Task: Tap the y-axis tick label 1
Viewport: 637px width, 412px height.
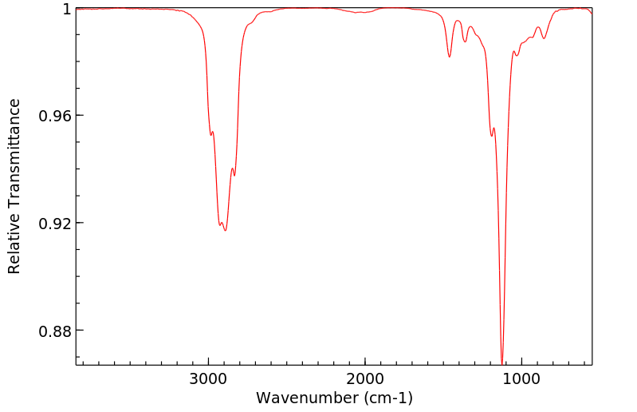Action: [x=66, y=9]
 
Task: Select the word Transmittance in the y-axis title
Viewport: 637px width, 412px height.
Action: [x=14, y=159]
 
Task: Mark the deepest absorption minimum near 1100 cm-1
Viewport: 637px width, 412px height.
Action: [x=502, y=363]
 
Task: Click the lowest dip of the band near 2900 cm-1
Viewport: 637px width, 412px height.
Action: [x=226, y=231]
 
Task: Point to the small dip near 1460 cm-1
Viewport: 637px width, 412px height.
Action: [x=450, y=57]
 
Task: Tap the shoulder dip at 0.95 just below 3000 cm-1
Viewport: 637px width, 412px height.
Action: [x=210, y=135]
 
